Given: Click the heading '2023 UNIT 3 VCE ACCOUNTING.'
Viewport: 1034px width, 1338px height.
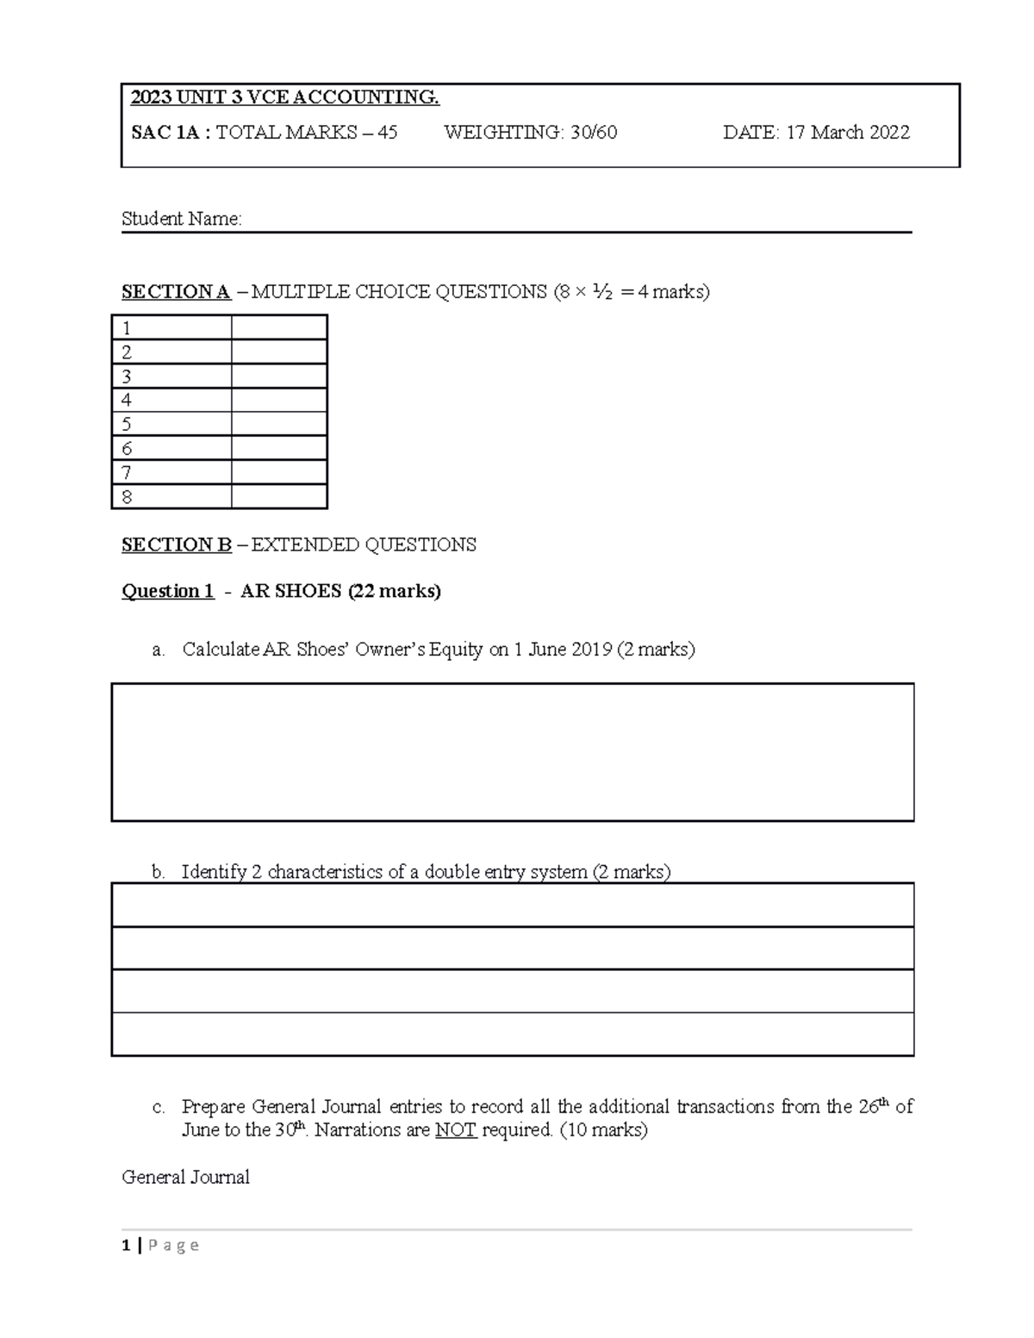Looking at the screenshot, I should point(284,97).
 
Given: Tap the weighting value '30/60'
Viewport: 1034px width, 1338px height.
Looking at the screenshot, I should point(594,133).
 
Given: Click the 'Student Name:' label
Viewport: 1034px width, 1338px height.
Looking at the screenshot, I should point(182,219).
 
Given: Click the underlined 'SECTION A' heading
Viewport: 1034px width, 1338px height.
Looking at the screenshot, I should point(176,292).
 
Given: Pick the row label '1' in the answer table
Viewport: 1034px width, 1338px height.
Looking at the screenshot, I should point(128,328).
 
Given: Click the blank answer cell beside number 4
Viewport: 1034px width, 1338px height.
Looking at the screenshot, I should point(279,400).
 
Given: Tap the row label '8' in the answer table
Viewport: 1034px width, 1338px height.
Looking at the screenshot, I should point(128,497).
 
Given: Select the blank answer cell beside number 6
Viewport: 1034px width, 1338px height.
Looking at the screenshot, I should point(279,448).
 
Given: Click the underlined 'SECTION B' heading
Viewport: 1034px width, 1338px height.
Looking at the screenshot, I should point(177,545).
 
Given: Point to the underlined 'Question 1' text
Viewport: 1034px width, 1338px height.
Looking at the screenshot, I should point(168,591).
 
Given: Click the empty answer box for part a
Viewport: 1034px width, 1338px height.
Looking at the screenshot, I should point(513,751).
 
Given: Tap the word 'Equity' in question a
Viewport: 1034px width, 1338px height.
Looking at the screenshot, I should point(456,650).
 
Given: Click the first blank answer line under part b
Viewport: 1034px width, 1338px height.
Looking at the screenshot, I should point(513,905).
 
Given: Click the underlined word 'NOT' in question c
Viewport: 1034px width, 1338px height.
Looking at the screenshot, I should point(456,1130).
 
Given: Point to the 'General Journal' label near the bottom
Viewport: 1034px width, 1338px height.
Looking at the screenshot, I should point(186,1177).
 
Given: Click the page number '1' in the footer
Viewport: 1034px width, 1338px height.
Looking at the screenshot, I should point(127,1245).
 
